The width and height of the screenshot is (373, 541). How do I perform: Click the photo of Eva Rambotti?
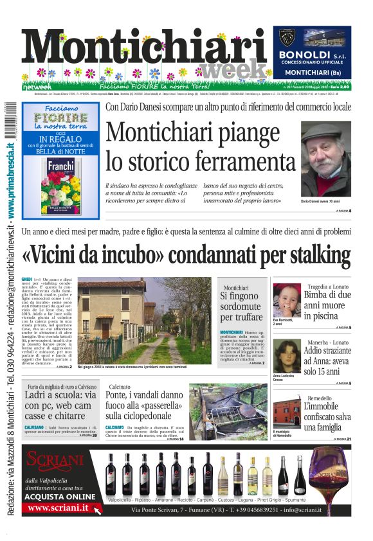(x=286, y=300)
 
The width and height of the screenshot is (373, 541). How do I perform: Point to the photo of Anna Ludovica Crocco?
(x=286, y=355)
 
